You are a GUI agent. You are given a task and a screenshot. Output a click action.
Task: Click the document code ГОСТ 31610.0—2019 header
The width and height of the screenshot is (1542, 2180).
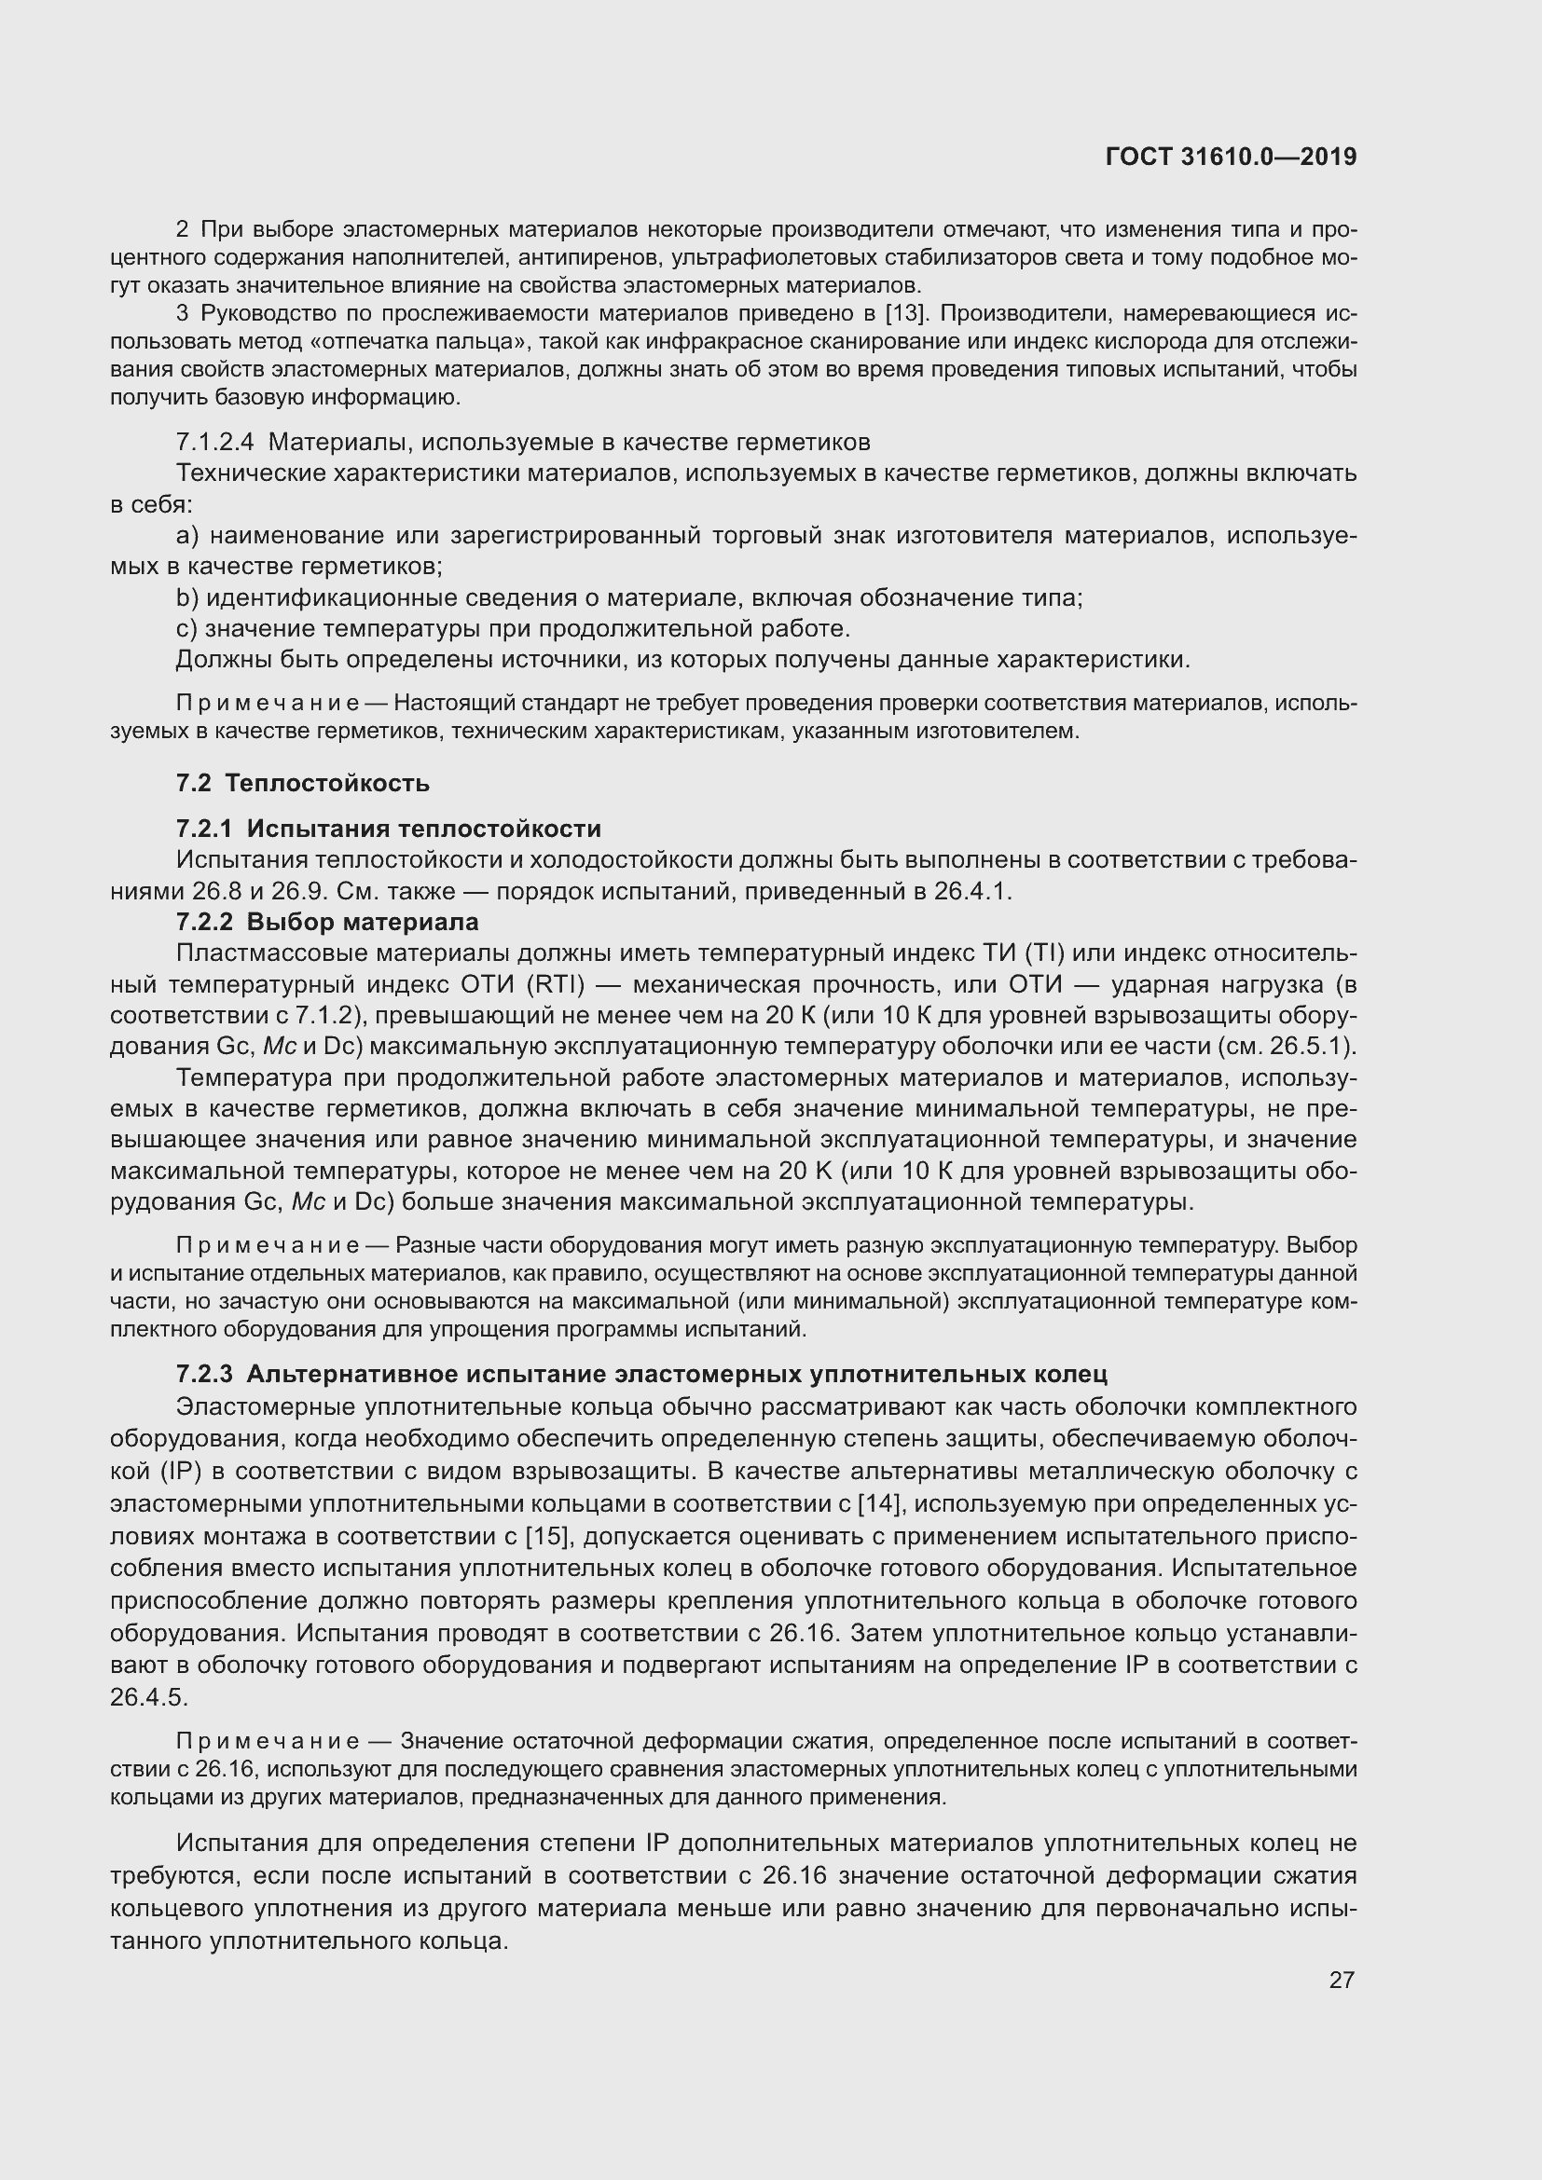1231,158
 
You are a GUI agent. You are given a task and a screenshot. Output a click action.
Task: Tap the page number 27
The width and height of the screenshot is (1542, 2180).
1341,1980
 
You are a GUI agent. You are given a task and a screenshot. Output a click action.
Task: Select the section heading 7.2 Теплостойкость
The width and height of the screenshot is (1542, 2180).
303,783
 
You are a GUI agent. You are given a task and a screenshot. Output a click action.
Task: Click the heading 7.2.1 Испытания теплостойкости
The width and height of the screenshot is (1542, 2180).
389,829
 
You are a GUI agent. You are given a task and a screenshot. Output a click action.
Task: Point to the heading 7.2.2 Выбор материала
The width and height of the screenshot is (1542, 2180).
327,922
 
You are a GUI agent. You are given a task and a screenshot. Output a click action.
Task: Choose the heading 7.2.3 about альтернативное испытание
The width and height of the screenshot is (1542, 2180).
641,1374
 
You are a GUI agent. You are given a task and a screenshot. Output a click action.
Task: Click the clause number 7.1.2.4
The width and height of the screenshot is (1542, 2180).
214,443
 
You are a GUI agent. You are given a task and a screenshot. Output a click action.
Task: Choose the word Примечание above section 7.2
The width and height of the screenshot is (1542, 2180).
267,704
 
